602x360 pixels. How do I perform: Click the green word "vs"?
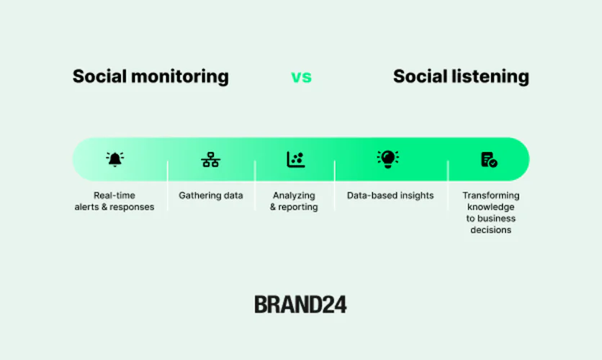click(x=301, y=76)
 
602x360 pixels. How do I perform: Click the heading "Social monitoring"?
click(x=150, y=76)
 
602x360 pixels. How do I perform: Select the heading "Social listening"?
click(x=461, y=76)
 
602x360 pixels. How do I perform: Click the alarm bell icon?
click(x=114, y=159)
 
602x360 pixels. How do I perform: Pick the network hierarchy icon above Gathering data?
click(x=210, y=159)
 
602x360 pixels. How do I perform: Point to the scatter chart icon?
click(x=295, y=159)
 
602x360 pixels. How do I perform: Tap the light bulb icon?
click(x=387, y=158)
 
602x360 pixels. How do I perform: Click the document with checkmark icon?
click(x=489, y=159)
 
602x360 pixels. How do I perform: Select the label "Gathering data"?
click(x=211, y=195)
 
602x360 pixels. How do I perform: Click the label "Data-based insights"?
click(x=390, y=195)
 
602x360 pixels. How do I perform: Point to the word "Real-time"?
click(x=114, y=195)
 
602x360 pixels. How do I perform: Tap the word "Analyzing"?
click(x=294, y=195)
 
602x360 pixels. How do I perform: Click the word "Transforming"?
click(x=490, y=195)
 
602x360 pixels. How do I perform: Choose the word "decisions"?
click(x=490, y=230)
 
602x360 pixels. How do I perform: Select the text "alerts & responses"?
click(x=114, y=207)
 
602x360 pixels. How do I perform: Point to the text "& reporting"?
click(x=294, y=207)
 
